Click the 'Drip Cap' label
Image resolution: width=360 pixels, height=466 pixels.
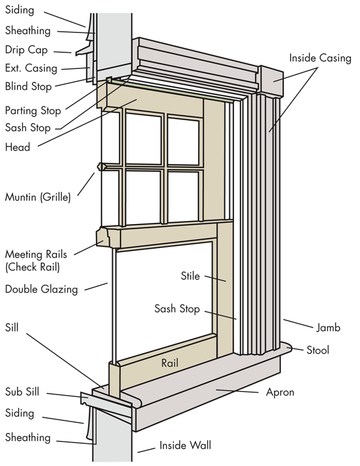click(x=26, y=50)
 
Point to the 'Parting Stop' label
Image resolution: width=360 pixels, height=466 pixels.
click(x=33, y=110)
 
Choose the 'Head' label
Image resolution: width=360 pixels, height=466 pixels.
click(x=17, y=147)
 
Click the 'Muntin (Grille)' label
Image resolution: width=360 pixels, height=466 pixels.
click(x=37, y=196)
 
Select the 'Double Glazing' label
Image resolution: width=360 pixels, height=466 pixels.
click(x=41, y=289)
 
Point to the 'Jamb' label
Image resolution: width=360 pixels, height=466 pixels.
click(x=328, y=328)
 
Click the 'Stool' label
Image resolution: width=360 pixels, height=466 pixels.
click(x=317, y=349)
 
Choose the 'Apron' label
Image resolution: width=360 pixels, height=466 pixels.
click(x=280, y=392)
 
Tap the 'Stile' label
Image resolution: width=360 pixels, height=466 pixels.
click(x=190, y=276)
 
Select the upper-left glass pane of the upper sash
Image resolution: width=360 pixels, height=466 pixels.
click(x=143, y=138)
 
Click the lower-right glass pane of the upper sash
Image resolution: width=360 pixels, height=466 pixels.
click(x=183, y=196)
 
